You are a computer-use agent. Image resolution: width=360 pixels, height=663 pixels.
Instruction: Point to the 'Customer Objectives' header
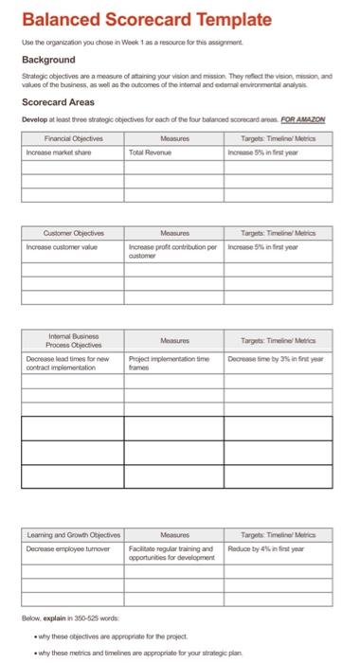click(73, 232)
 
